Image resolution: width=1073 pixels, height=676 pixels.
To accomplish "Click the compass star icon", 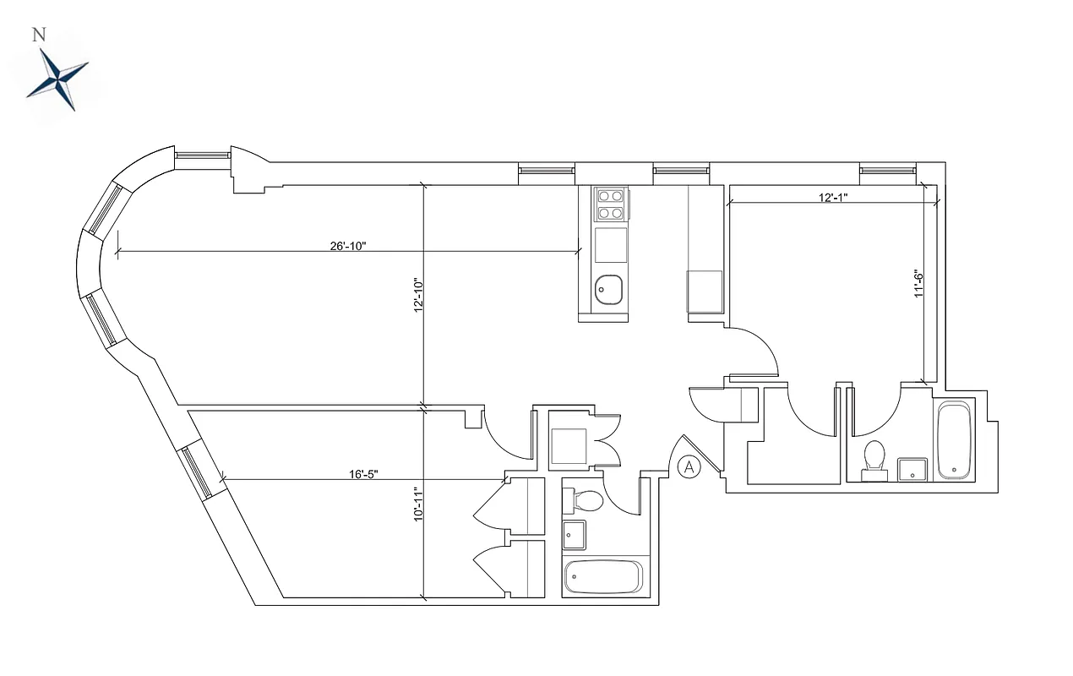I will [x=57, y=79].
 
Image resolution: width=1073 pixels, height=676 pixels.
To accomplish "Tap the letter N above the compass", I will [x=38, y=35].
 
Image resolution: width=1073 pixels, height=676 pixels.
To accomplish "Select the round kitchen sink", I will [x=608, y=290].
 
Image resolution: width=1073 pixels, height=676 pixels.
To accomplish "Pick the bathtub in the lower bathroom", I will [x=603, y=577].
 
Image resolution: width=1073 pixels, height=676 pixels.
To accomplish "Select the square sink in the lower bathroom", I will [x=575, y=534].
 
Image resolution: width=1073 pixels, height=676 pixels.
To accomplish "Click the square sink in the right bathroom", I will [x=912, y=469].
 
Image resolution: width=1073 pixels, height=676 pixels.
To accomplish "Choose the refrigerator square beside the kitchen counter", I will [x=705, y=292].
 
